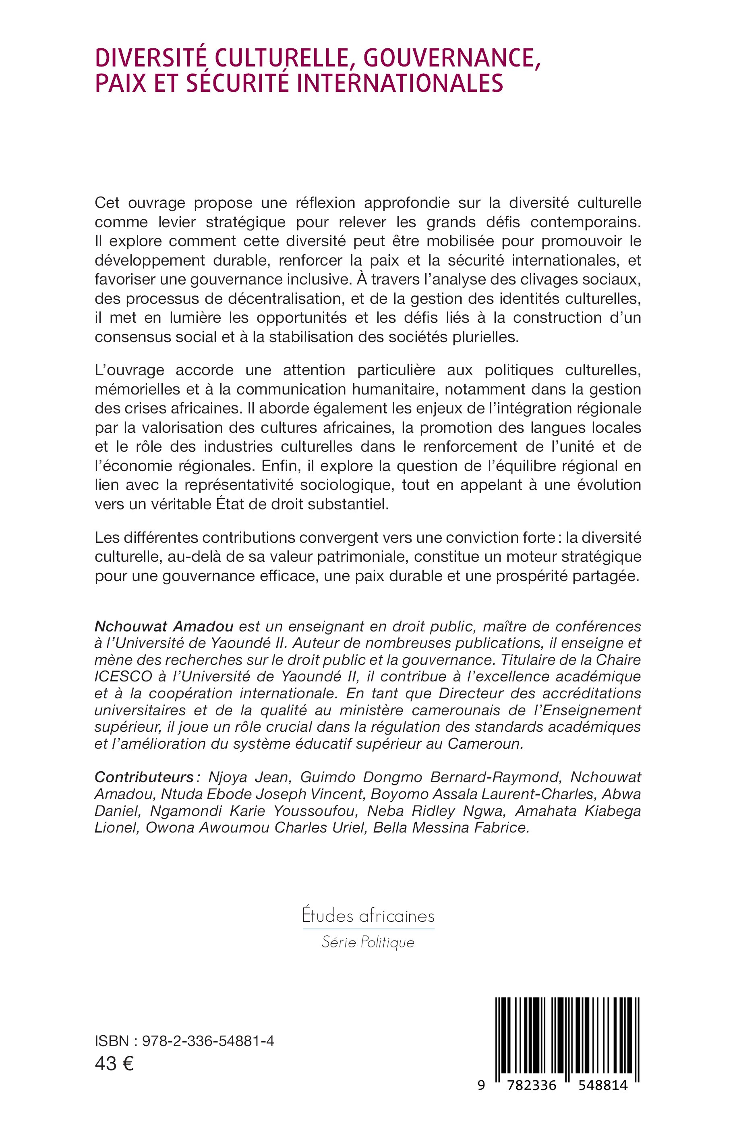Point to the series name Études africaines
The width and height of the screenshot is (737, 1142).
pyautogui.click(x=368, y=916)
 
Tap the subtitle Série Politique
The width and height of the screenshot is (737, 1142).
pyautogui.click(x=368, y=942)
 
